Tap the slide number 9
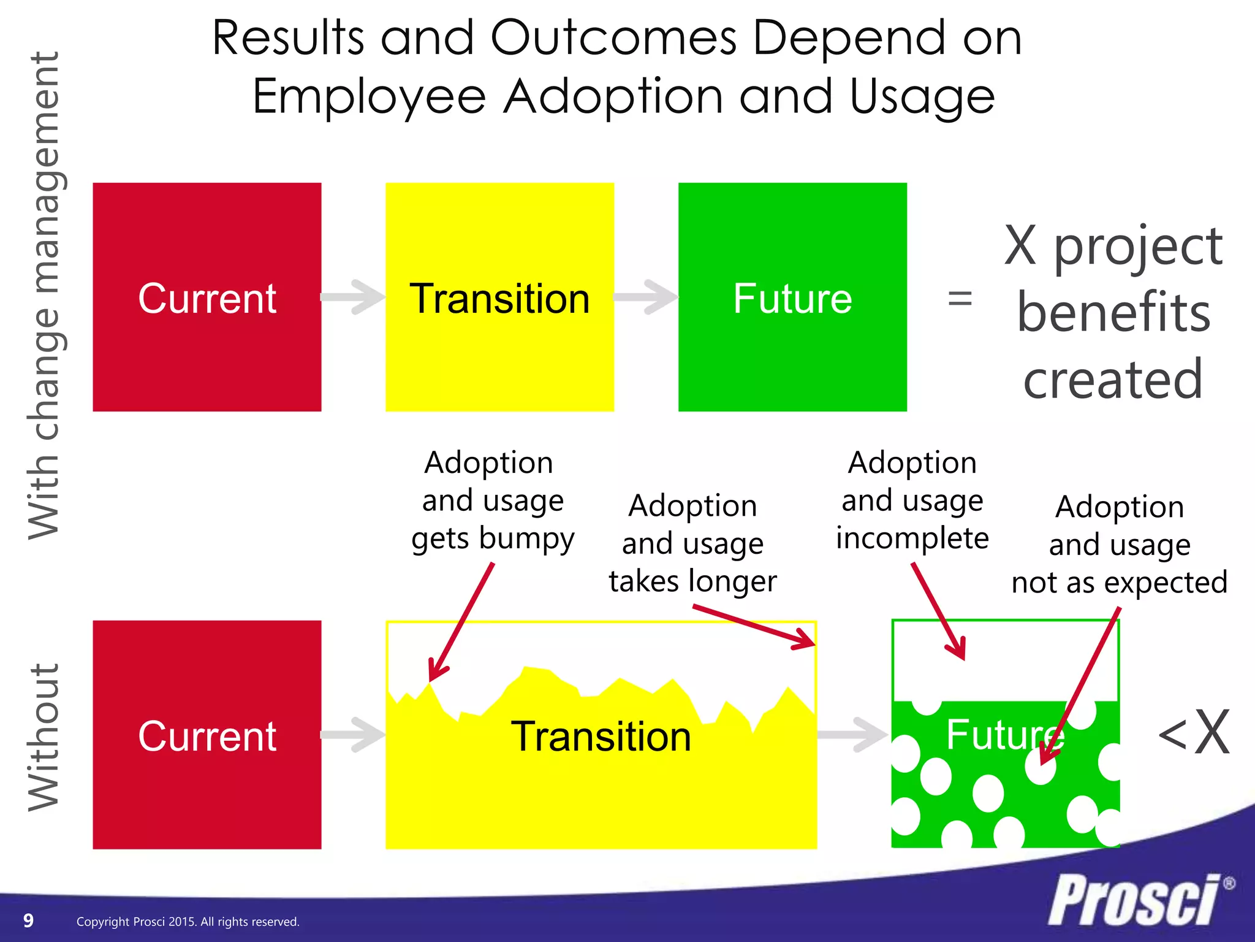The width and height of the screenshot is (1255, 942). pyautogui.click(x=28, y=920)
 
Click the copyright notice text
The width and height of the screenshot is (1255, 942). pyautogui.click(x=188, y=921)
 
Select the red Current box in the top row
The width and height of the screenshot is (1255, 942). pyautogui.click(x=207, y=297)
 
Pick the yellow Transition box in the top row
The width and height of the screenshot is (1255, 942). pyautogui.click(x=499, y=297)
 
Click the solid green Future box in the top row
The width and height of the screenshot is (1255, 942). pyautogui.click(x=792, y=297)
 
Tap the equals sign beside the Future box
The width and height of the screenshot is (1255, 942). pyautogui.click(x=960, y=299)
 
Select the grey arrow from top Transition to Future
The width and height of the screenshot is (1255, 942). pyautogui.click(x=646, y=297)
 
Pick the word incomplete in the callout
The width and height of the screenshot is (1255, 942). pyautogui.click(x=912, y=538)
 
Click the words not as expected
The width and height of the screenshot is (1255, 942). pyautogui.click(x=1120, y=582)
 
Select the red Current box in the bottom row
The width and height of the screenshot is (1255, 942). pyautogui.click(x=207, y=735)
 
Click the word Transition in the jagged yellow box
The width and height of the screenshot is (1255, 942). pyautogui.click(x=601, y=736)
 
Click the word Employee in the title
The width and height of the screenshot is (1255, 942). pyautogui.click(x=370, y=97)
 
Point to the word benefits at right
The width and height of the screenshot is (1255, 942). pyautogui.click(x=1113, y=312)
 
